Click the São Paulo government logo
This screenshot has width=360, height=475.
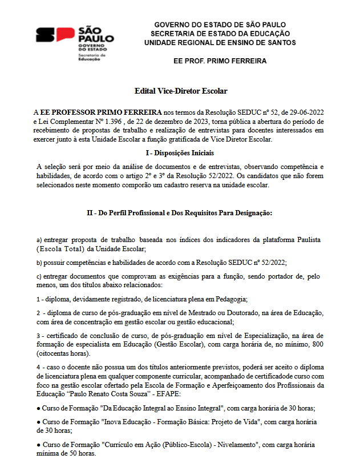(75, 43)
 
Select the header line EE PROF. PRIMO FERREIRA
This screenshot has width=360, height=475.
(220, 61)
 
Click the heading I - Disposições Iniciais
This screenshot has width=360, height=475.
(180, 153)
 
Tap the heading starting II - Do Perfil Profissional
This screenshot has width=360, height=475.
(180, 212)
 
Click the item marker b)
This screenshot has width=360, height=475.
(39, 263)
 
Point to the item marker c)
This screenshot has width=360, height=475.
(39, 277)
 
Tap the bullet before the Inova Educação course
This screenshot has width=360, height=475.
(38, 422)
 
